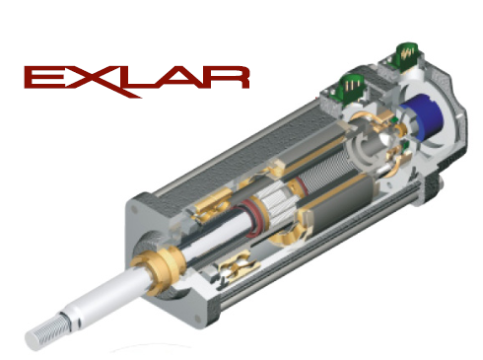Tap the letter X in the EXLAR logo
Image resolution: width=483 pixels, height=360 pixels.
(90, 77)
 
